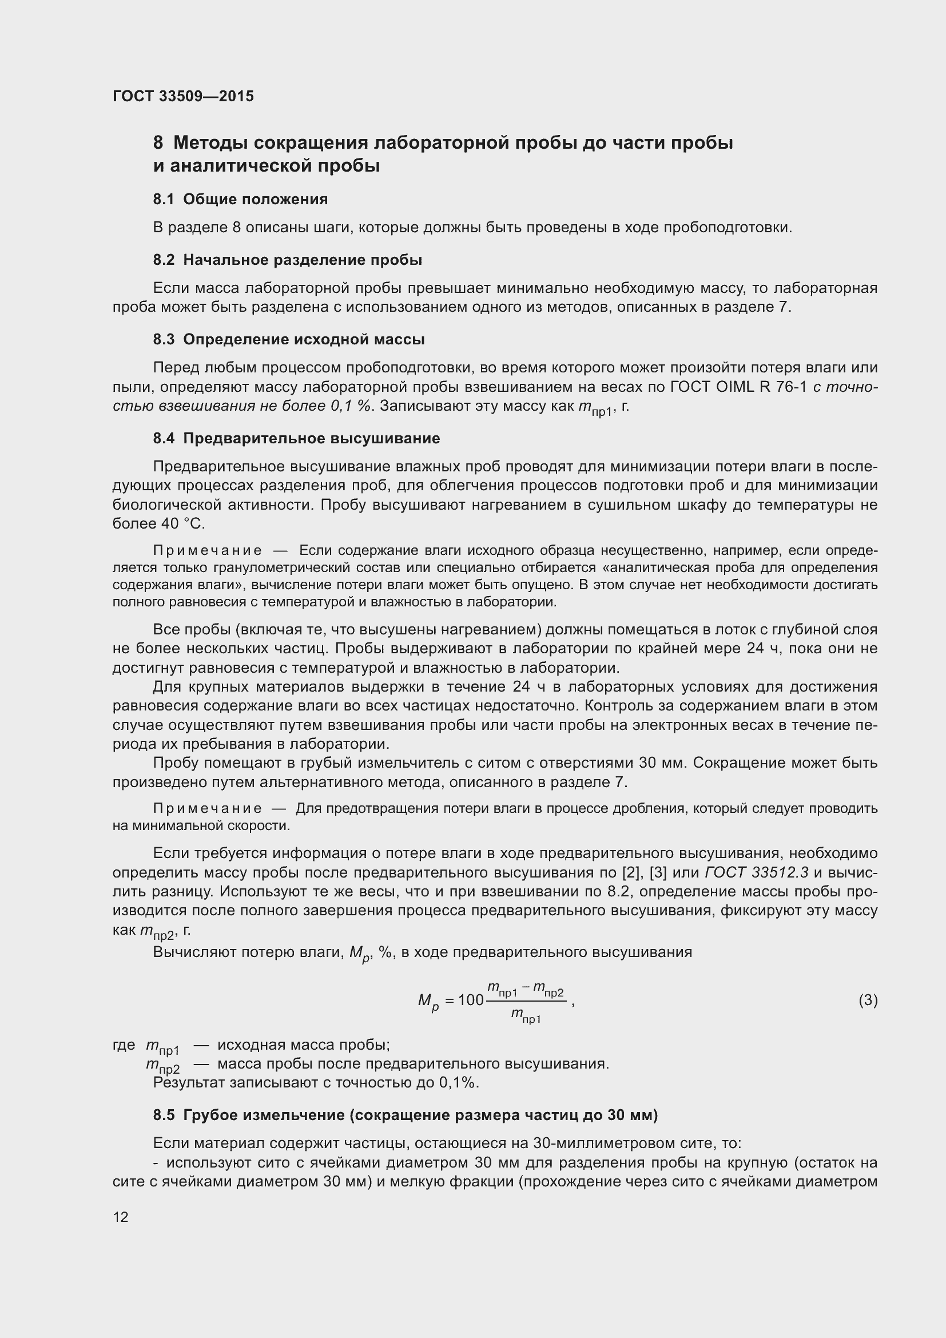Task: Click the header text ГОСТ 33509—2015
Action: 183,96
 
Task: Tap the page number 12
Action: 121,1217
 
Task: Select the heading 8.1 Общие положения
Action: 240,199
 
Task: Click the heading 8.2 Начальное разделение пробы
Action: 287,260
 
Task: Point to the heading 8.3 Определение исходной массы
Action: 288,339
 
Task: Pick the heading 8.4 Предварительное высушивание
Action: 296,438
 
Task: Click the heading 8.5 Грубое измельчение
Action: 405,1115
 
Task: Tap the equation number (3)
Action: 868,1000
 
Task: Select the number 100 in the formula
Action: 471,1000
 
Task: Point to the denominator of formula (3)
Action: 526,1016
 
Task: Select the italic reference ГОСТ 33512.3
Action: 756,872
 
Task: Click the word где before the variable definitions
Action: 124,1046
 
